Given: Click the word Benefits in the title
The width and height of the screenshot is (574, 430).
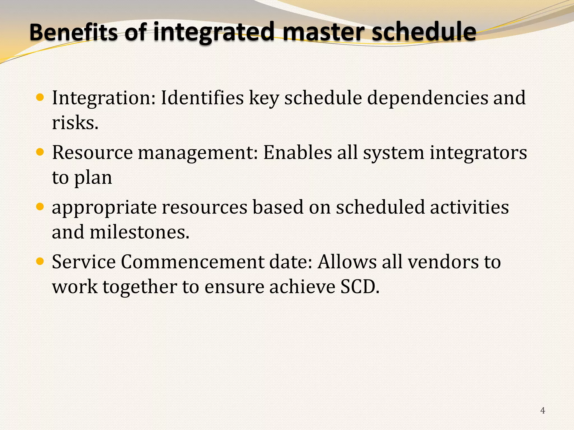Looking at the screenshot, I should tap(73, 32).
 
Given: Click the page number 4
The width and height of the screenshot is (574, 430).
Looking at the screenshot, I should tap(543, 410).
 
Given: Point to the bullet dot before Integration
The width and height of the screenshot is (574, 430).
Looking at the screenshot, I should tap(40, 97).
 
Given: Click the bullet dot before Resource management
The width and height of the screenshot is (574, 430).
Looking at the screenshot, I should tap(40, 152).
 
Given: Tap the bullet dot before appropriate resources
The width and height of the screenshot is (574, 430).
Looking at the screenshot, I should tap(40, 207).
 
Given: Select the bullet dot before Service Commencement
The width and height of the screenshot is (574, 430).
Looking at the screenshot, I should tap(40, 261).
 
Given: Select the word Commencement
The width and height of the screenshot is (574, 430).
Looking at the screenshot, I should tap(192, 262).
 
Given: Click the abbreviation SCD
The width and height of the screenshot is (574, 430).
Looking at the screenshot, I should tap(360, 287).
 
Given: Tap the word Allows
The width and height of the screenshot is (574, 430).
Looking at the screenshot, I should tap(347, 262).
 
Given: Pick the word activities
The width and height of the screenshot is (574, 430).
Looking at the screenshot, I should tap(469, 207).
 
